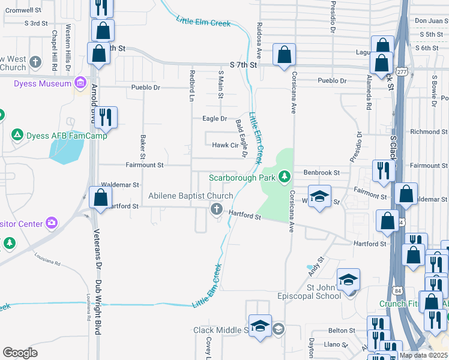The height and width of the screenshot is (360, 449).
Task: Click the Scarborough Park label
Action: click(x=242, y=177)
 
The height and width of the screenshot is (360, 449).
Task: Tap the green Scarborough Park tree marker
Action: click(x=285, y=176)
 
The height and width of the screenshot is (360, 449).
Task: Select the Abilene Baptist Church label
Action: click(x=191, y=196)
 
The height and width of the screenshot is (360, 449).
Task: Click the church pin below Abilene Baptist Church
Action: click(x=216, y=209)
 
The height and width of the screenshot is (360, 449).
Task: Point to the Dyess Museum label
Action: click(x=43, y=83)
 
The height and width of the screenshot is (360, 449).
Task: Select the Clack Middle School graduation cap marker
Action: click(x=260, y=326)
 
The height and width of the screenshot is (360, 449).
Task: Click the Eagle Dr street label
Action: click(x=215, y=119)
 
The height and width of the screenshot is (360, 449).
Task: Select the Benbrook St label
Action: click(x=322, y=172)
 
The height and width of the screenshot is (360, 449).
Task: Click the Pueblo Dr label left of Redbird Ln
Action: click(x=146, y=88)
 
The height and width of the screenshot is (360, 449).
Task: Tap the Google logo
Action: click(x=20, y=353)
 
